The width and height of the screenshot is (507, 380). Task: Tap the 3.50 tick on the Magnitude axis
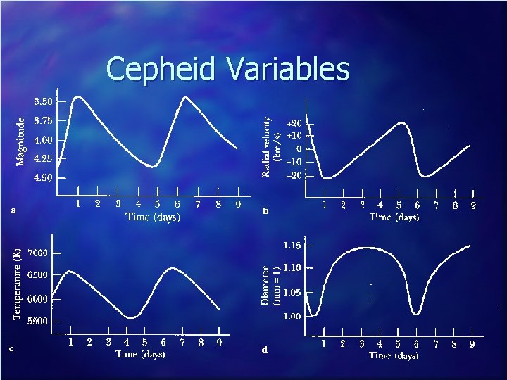tap(44, 101)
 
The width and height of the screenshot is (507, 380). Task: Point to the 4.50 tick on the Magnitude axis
tap(44, 178)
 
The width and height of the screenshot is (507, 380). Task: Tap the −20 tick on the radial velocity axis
tap(294, 175)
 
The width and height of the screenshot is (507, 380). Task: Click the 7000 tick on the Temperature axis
tap(38, 253)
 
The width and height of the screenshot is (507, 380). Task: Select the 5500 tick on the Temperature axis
tap(38, 322)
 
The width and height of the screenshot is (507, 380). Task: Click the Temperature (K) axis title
tap(18, 283)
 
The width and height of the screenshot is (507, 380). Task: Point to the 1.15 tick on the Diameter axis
tap(292, 246)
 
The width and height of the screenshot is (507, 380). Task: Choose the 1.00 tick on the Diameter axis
tap(292, 316)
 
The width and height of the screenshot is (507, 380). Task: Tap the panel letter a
tap(13, 209)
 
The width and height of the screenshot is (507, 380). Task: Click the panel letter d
tap(264, 350)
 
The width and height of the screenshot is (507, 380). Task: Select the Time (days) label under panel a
tap(153, 217)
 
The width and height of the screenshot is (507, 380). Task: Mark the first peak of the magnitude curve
tap(78, 96)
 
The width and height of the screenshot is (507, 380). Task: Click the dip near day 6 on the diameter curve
tap(417, 313)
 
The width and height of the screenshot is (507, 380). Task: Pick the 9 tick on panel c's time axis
tap(219, 343)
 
